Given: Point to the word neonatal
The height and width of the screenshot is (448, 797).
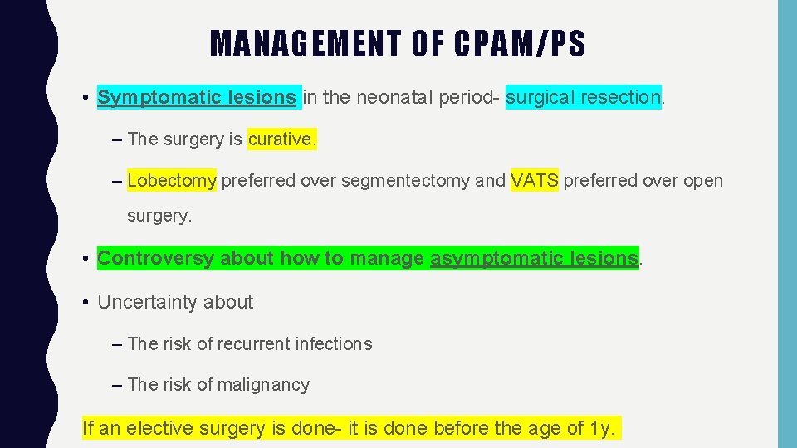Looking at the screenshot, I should pos(394,97).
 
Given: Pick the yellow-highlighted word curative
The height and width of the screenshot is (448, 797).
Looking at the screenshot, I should pos(281,139).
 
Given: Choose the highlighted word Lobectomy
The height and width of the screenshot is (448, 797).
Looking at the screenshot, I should pos(172,180).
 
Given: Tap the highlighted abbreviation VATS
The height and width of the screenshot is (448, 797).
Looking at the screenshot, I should pos(535,180).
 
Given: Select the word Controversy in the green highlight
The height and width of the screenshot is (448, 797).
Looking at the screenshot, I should pos(155,258).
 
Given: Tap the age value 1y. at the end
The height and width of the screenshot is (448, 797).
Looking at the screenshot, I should pos(603,428).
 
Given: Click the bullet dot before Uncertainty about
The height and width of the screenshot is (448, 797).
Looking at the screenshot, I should pos(86,303).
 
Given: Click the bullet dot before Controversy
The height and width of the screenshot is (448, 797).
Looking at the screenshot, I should pos(86,259).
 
